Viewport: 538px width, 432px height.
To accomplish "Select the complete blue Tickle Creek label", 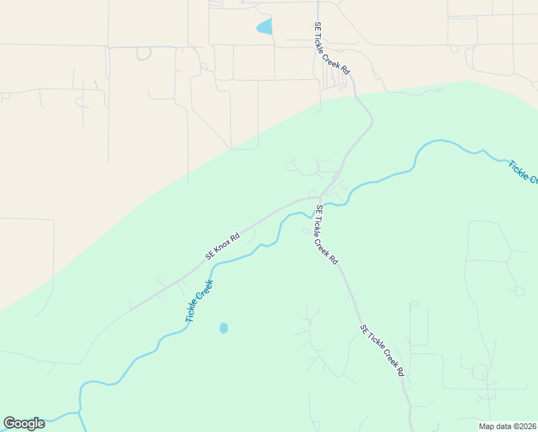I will click(x=199, y=300).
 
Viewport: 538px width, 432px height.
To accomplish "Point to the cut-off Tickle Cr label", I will click(x=522, y=171).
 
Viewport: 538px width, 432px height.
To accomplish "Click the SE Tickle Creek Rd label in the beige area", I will click(x=332, y=48).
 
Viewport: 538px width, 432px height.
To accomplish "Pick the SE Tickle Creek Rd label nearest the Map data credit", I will click(x=383, y=351).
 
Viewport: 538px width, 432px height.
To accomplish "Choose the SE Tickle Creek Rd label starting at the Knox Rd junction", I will click(x=326, y=235).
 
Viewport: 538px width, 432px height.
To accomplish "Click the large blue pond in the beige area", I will click(x=265, y=27).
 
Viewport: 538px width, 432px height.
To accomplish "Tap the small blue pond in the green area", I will click(x=224, y=328).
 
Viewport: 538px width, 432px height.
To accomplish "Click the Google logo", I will click(x=24, y=423).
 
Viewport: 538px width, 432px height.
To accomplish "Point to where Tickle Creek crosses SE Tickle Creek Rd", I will click(x=321, y=207).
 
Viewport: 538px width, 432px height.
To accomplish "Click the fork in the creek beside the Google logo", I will click(x=79, y=413).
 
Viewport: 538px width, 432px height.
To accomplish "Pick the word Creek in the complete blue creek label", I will click(x=206, y=289).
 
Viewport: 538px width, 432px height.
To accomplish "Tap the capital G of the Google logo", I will click(x=9, y=423).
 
